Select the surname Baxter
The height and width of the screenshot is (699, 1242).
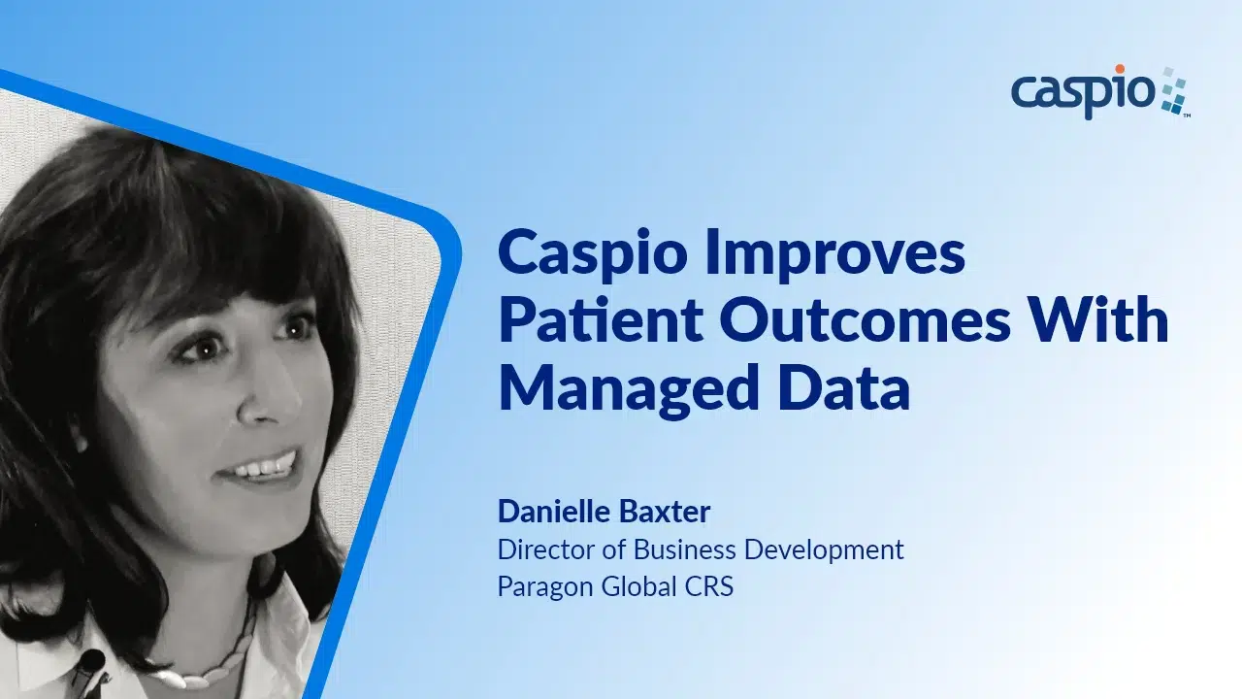click(x=670, y=512)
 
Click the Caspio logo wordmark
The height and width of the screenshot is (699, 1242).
click(x=1083, y=94)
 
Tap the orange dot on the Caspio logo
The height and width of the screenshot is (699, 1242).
click(x=1120, y=70)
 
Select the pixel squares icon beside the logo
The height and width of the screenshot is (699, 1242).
click(x=1174, y=92)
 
